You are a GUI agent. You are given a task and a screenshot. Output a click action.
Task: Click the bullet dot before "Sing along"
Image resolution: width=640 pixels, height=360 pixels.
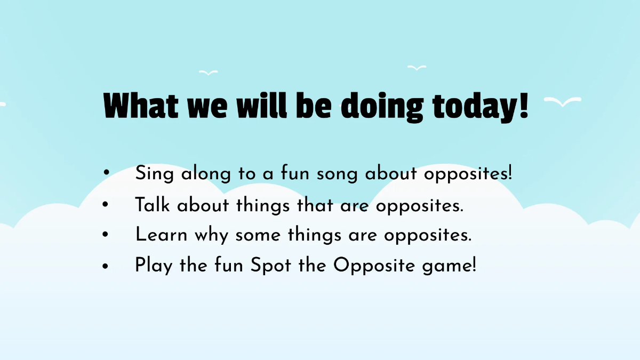(x=107, y=173)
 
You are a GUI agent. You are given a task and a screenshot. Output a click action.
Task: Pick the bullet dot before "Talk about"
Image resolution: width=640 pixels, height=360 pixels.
(x=107, y=204)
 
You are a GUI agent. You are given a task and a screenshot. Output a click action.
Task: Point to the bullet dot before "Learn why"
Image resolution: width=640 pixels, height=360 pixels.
(x=107, y=235)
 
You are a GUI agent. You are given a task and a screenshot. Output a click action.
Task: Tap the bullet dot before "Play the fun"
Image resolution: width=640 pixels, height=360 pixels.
(x=107, y=265)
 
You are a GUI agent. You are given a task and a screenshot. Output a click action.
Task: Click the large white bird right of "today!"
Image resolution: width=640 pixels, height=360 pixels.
(x=563, y=102)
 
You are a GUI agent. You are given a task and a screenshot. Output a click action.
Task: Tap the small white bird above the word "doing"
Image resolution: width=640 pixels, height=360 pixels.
(x=417, y=68)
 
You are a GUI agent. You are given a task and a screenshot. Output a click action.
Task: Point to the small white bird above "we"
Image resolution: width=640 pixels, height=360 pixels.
(x=208, y=72)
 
